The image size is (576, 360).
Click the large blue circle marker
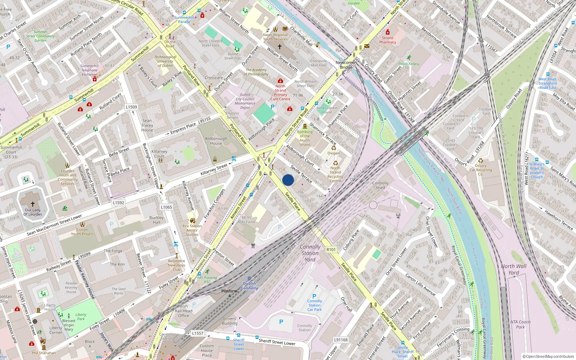pyautogui.click(x=288, y=180)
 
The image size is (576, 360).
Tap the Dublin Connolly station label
pyautogui.click(x=249, y=285)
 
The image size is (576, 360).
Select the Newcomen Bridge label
pyautogui.click(x=346, y=65)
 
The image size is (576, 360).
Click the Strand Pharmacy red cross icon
pyautogui.click(x=388, y=32)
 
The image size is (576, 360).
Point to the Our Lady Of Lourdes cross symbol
pyautogui.click(x=32, y=204)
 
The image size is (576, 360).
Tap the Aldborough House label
pyautogui.click(x=216, y=141)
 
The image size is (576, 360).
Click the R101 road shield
pyautogui.click(x=331, y=249)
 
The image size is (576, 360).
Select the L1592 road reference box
pyautogui.click(x=118, y=203)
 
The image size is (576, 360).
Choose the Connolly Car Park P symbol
pyautogui.click(x=314, y=296)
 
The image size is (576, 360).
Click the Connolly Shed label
pyautogui.click(x=381, y=185)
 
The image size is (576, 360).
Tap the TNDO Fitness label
pyautogui.click(x=409, y=64)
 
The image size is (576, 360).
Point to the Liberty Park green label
pyautogui.click(x=81, y=316)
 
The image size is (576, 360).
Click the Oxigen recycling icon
pyautogui.click(x=333, y=148)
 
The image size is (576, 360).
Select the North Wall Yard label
pyautogui.click(x=514, y=269)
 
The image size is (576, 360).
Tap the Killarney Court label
pyautogui.click(x=159, y=154)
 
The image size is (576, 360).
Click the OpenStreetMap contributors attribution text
pyautogui.click(x=548, y=356)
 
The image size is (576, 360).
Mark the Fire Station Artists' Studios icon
pyautogui.click(x=192, y=220)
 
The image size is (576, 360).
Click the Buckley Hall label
pyautogui.click(x=156, y=220)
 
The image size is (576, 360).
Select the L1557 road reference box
pyautogui.click(x=198, y=333)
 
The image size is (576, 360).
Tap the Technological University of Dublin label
pyautogui.click(x=165, y=61)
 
